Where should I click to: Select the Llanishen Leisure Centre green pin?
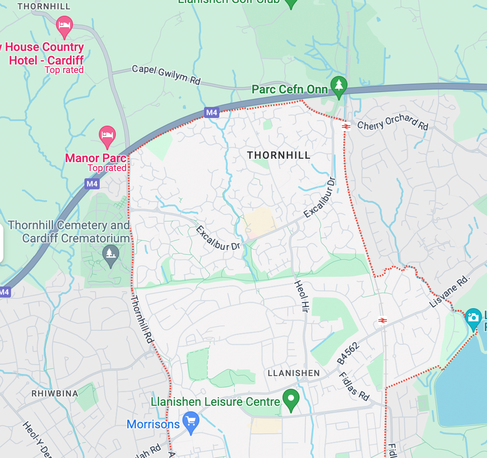(291, 399)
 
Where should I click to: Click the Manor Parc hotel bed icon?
(107, 135)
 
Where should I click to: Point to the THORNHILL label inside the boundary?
(279, 155)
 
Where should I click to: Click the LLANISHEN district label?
(294, 373)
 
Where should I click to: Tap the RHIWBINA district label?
(55, 393)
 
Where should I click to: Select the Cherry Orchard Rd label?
(393, 122)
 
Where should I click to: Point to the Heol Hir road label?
(300, 296)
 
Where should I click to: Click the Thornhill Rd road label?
(141, 319)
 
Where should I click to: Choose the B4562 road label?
(348, 353)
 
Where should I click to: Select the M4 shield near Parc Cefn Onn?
(211, 112)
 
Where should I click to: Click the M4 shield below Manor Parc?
(92, 184)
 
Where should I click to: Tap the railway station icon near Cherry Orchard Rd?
(346, 126)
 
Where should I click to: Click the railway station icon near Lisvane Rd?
(382, 320)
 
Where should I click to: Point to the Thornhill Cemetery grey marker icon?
(111, 254)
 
